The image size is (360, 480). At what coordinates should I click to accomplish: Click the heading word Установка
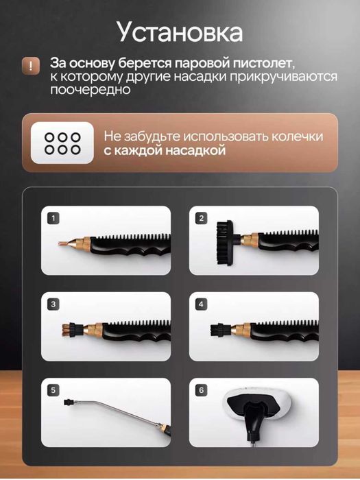click(x=179, y=32)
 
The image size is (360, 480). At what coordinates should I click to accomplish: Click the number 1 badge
click(x=53, y=219)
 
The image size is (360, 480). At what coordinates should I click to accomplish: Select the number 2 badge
click(x=201, y=219)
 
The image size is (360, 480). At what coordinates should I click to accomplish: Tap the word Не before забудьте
click(x=112, y=136)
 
